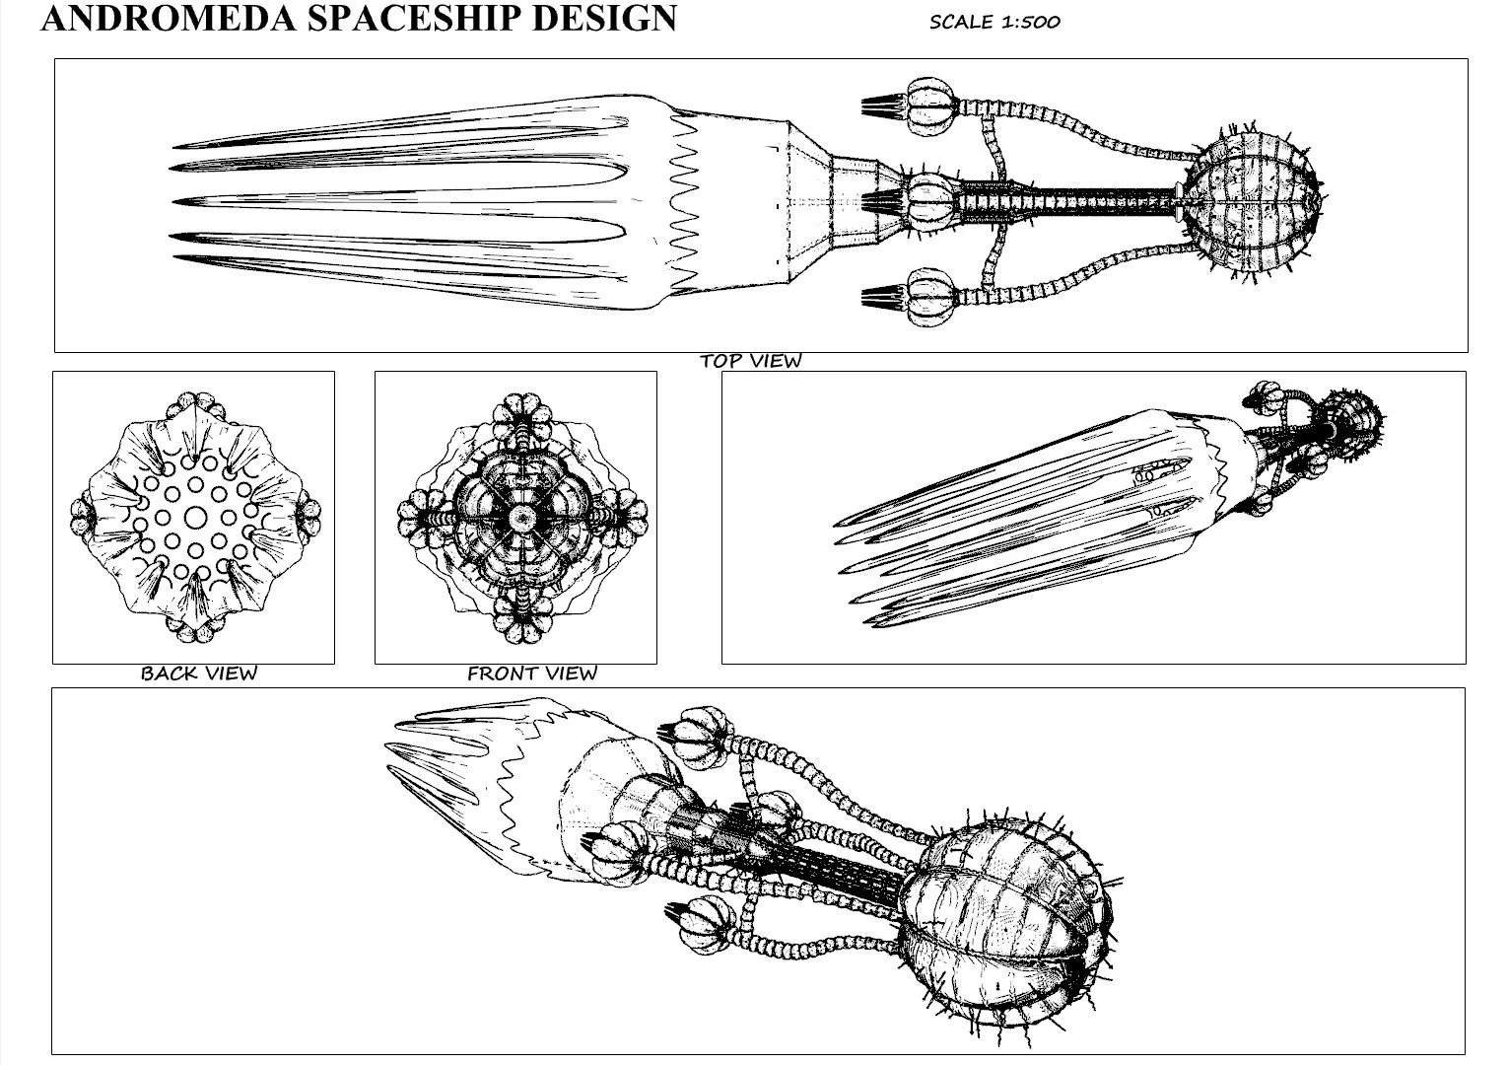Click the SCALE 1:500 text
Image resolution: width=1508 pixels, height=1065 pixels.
tap(994, 22)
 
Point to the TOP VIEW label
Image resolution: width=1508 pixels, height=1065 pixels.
tap(750, 361)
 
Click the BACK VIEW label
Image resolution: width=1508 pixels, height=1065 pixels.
tap(198, 674)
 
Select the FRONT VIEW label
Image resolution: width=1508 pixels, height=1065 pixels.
tap(531, 674)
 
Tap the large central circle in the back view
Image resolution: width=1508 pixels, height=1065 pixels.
tap(195, 517)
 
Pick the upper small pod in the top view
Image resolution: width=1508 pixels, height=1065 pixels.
tap(930, 106)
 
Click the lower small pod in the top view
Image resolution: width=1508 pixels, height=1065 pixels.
tap(930, 296)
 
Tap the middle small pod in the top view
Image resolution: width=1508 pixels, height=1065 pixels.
tap(930, 200)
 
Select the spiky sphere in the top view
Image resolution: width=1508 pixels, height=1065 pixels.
tap(1249, 201)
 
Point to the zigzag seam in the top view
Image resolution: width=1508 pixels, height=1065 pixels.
tap(683, 202)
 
